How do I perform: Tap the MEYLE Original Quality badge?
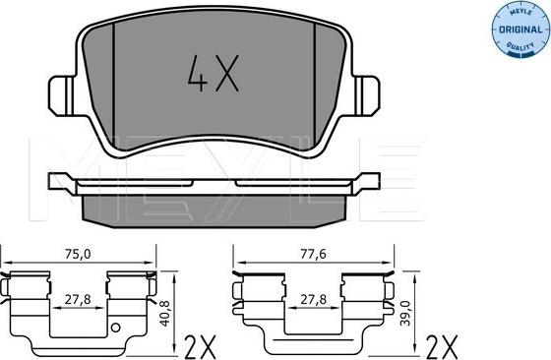[x=511, y=30]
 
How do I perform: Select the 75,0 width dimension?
[x=80, y=254]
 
